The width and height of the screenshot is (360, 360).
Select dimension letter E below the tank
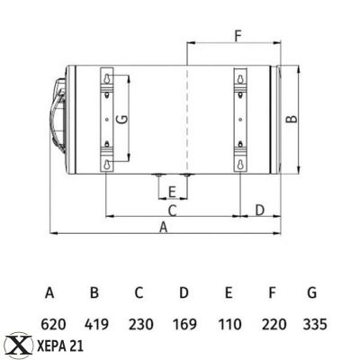(x=171, y=191)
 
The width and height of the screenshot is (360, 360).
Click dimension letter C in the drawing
(x=172, y=210)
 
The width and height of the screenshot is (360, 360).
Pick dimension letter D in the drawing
(x=259, y=210)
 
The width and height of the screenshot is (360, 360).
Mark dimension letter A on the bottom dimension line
(x=163, y=228)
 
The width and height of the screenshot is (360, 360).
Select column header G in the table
(x=311, y=292)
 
